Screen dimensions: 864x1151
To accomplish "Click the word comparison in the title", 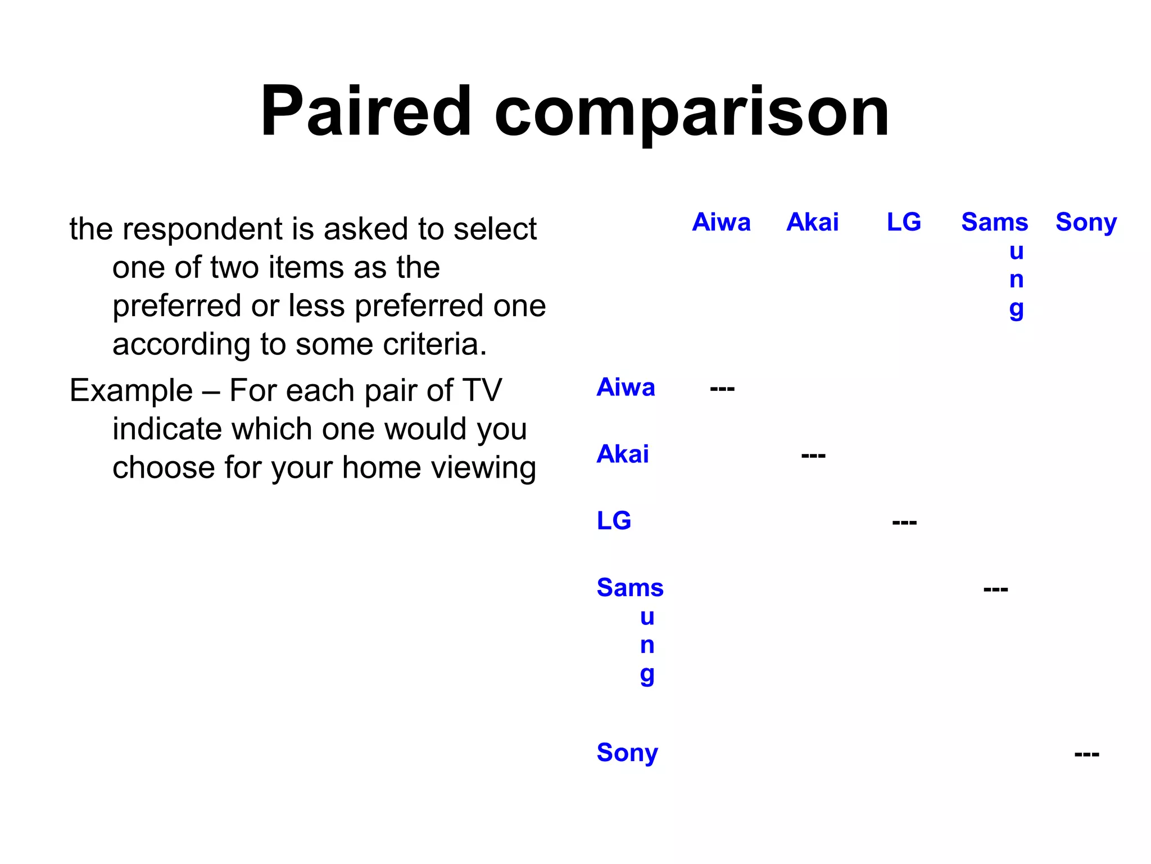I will click(691, 112).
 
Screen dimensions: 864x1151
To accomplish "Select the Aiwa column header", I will click(721, 222).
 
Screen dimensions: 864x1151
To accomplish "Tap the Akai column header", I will click(812, 222).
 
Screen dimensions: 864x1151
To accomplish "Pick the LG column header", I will click(904, 222).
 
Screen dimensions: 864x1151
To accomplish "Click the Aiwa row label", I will click(626, 388).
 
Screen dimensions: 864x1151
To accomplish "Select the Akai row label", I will click(623, 454).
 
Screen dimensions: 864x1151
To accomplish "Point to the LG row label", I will click(614, 521).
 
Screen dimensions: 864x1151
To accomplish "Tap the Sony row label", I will click(627, 753).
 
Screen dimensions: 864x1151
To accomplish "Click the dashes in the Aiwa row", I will click(722, 389).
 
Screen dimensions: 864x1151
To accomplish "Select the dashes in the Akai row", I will click(813, 455).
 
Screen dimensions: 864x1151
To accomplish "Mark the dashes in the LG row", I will click(904, 523).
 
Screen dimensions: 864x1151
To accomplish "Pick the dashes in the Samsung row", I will click(995, 589).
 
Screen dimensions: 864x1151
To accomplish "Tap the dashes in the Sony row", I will click(1086, 754).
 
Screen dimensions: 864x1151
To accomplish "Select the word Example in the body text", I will click(131, 390).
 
